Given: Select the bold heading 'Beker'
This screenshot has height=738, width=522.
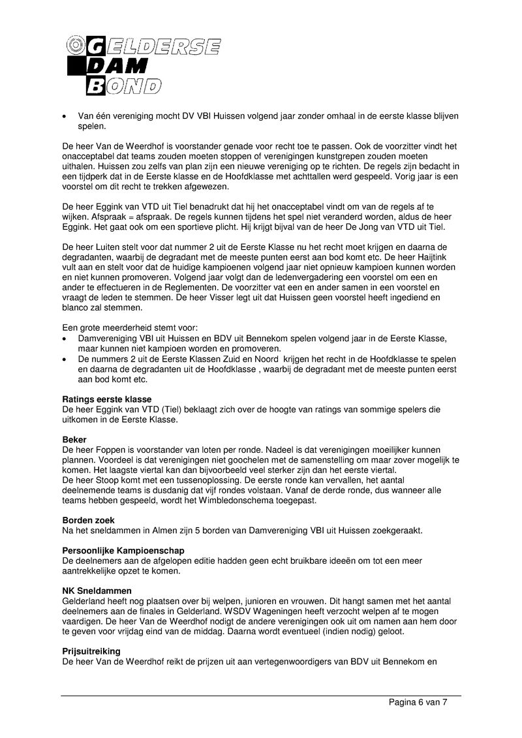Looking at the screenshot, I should tap(74, 440).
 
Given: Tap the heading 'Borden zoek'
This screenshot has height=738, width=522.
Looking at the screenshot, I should tap(88, 520).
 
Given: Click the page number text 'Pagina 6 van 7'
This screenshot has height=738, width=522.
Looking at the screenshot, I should tap(418, 703).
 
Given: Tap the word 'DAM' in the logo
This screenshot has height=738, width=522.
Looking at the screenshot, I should tap(127, 66).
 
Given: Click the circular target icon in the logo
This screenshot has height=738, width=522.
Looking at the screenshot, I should tap(76, 45).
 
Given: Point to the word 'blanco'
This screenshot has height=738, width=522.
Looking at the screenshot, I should tap(79, 308).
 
